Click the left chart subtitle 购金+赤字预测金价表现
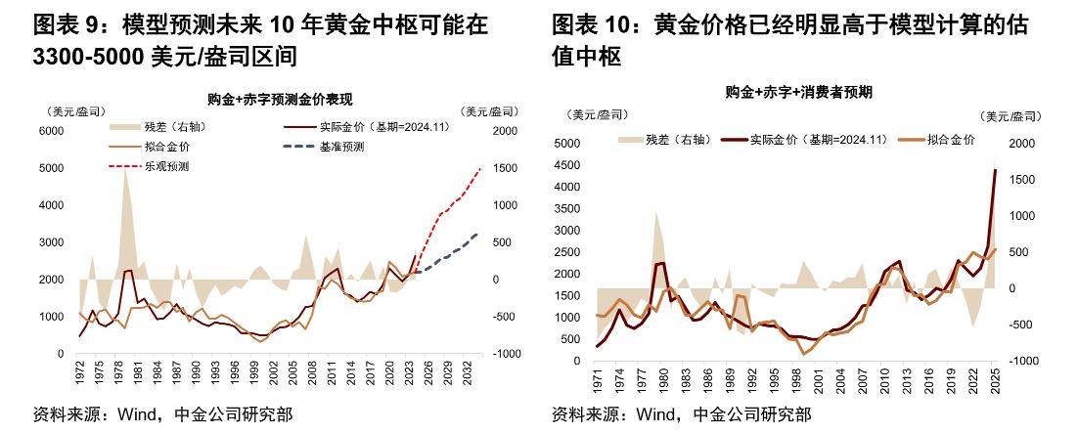(x=280, y=99)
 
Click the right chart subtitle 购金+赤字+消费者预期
(x=798, y=92)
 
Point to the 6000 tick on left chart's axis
(x=51, y=131)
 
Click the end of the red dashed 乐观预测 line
(x=480, y=169)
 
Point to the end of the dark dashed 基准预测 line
(x=477, y=234)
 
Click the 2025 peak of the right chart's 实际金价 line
(x=995, y=170)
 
